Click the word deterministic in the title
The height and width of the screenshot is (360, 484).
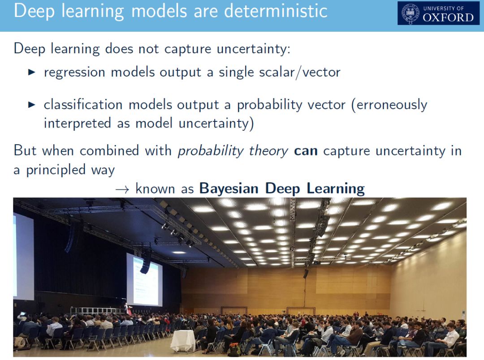276,11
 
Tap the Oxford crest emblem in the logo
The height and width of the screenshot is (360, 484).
410,13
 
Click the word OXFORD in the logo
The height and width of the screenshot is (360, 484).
448,17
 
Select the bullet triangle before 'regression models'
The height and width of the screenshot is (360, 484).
31,73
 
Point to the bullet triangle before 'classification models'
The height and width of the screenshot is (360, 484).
31,105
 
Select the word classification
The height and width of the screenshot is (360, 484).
83,104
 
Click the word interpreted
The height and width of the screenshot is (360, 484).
77,124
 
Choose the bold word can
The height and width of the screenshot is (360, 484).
306,151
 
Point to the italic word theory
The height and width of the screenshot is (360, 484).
268,151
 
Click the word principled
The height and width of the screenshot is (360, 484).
56,170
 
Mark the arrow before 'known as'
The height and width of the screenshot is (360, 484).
122,189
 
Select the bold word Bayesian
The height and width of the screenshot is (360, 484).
229,188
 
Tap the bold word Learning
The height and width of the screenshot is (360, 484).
336,189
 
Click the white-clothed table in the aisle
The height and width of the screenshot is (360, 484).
183,341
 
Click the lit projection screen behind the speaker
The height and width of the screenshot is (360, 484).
144,279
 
